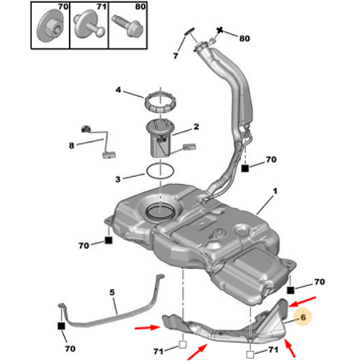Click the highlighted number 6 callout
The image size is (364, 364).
pos(303,317)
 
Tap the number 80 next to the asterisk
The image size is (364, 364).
pos(245,39)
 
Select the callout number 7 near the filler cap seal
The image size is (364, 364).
pos(175,56)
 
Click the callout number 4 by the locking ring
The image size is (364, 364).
pos(118,90)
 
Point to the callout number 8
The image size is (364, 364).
pos(71,146)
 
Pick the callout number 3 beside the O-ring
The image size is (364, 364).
pos(118,179)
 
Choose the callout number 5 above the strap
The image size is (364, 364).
pos(112,292)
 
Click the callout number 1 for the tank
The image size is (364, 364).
pos(274,191)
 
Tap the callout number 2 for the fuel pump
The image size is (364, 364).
pos(196,127)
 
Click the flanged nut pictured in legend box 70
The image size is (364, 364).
pos(50,27)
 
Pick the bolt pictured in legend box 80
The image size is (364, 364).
pos(127,26)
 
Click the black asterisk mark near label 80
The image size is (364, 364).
pos(220,31)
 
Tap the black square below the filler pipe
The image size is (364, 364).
pos(245,168)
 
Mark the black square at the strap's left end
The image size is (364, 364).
pos(62,326)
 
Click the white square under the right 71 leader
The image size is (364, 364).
pos(250,355)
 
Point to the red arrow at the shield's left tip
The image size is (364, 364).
pos(147,328)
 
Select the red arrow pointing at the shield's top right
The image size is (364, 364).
pos(303,301)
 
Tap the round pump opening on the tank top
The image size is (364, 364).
pos(161,211)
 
